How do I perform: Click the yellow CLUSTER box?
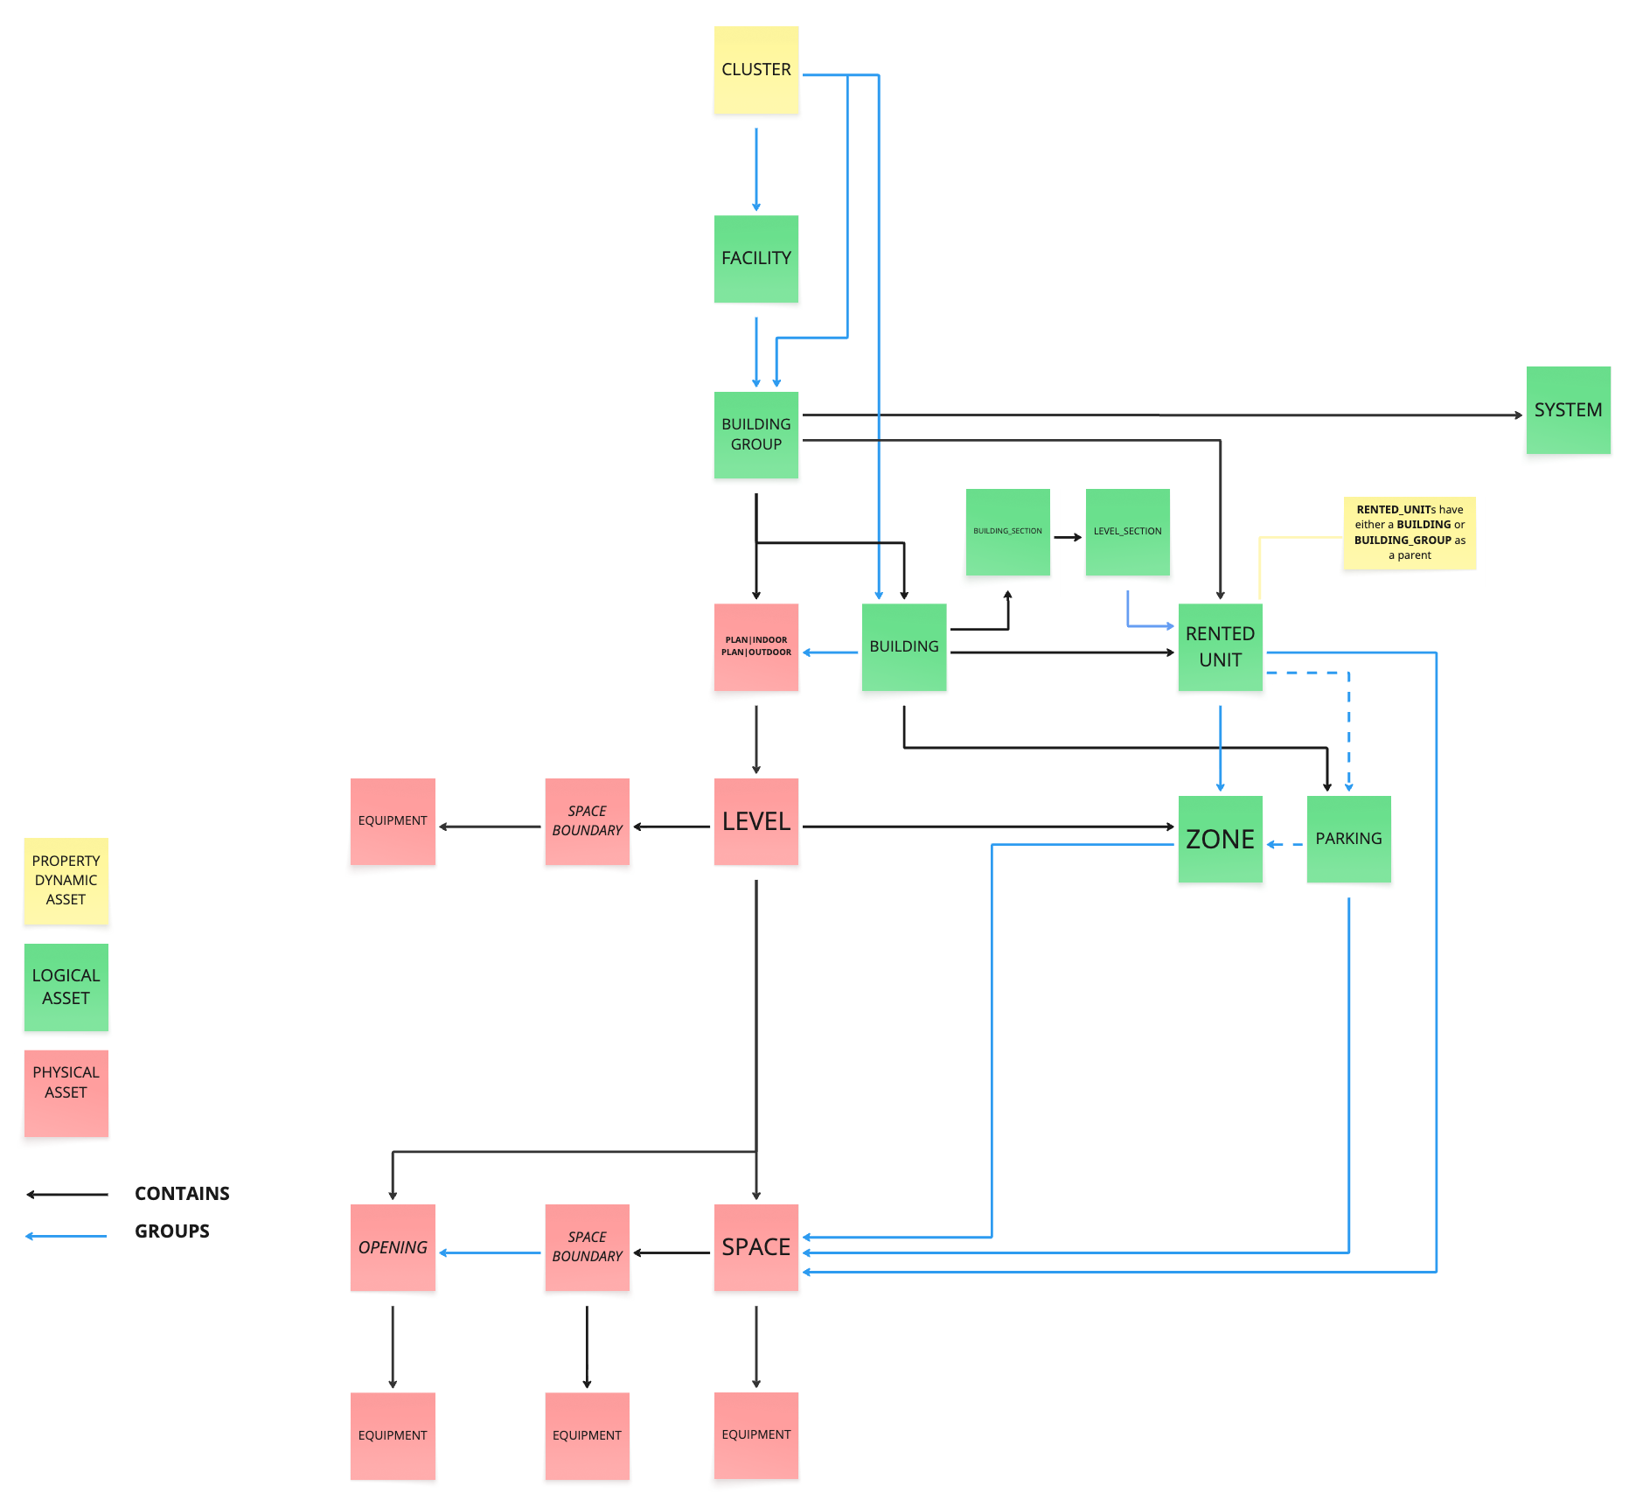[x=756, y=70]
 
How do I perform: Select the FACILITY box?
[x=756, y=259]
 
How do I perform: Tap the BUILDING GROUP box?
[x=756, y=435]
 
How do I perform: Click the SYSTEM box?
[x=1568, y=410]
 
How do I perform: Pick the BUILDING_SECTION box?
[x=1007, y=532]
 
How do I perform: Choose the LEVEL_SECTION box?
[x=1127, y=532]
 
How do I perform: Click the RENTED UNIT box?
[x=1220, y=647]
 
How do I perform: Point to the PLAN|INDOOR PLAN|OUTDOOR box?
[x=756, y=647]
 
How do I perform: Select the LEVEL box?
[x=756, y=822]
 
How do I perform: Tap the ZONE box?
[x=1220, y=840]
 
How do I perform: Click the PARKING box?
[x=1348, y=840]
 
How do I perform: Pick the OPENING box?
[x=393, y=1248]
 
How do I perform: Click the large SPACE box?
[x=756, y=1248]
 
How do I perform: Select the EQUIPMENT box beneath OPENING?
[x=393, y=1436]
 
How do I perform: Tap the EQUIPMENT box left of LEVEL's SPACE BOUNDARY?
[x=393, y=821]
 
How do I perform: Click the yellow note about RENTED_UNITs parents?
[x=1410, y=533]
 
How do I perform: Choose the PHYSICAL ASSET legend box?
[x=66, y=1093]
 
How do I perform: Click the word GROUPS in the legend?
[x=172, y=1231]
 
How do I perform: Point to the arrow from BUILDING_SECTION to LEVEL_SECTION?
[x=1068, y=537]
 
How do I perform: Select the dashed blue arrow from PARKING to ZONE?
[x=1284, y=845]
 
